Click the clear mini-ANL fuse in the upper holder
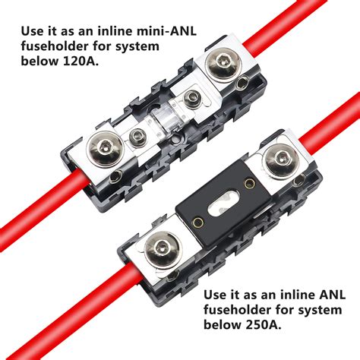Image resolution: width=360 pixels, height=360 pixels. (x=161, y=121)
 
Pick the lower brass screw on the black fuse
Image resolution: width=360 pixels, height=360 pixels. (x=196, y=223)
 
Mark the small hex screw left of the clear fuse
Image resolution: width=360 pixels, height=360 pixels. (x=137, y=137)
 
